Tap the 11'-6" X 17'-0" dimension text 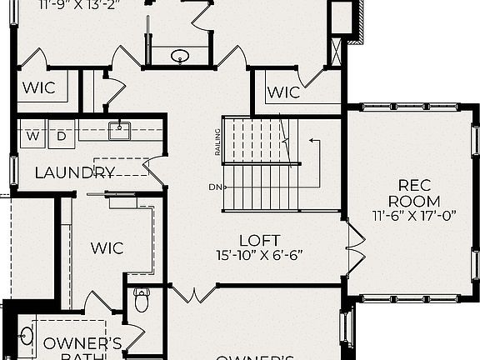[x=415, y=215]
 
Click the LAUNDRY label [x=75, y=173]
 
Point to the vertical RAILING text [x=218, y=142]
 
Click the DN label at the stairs [x=216, y=187]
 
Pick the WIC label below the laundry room [x=107, y=247]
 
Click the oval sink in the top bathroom [x=181, y=57]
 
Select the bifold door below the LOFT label [x=192, y=293]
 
